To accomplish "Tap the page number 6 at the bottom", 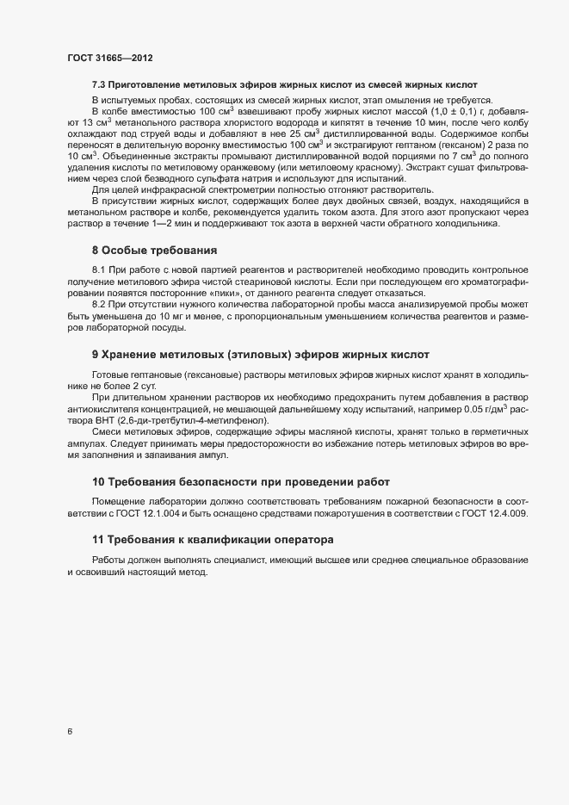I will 70,732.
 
